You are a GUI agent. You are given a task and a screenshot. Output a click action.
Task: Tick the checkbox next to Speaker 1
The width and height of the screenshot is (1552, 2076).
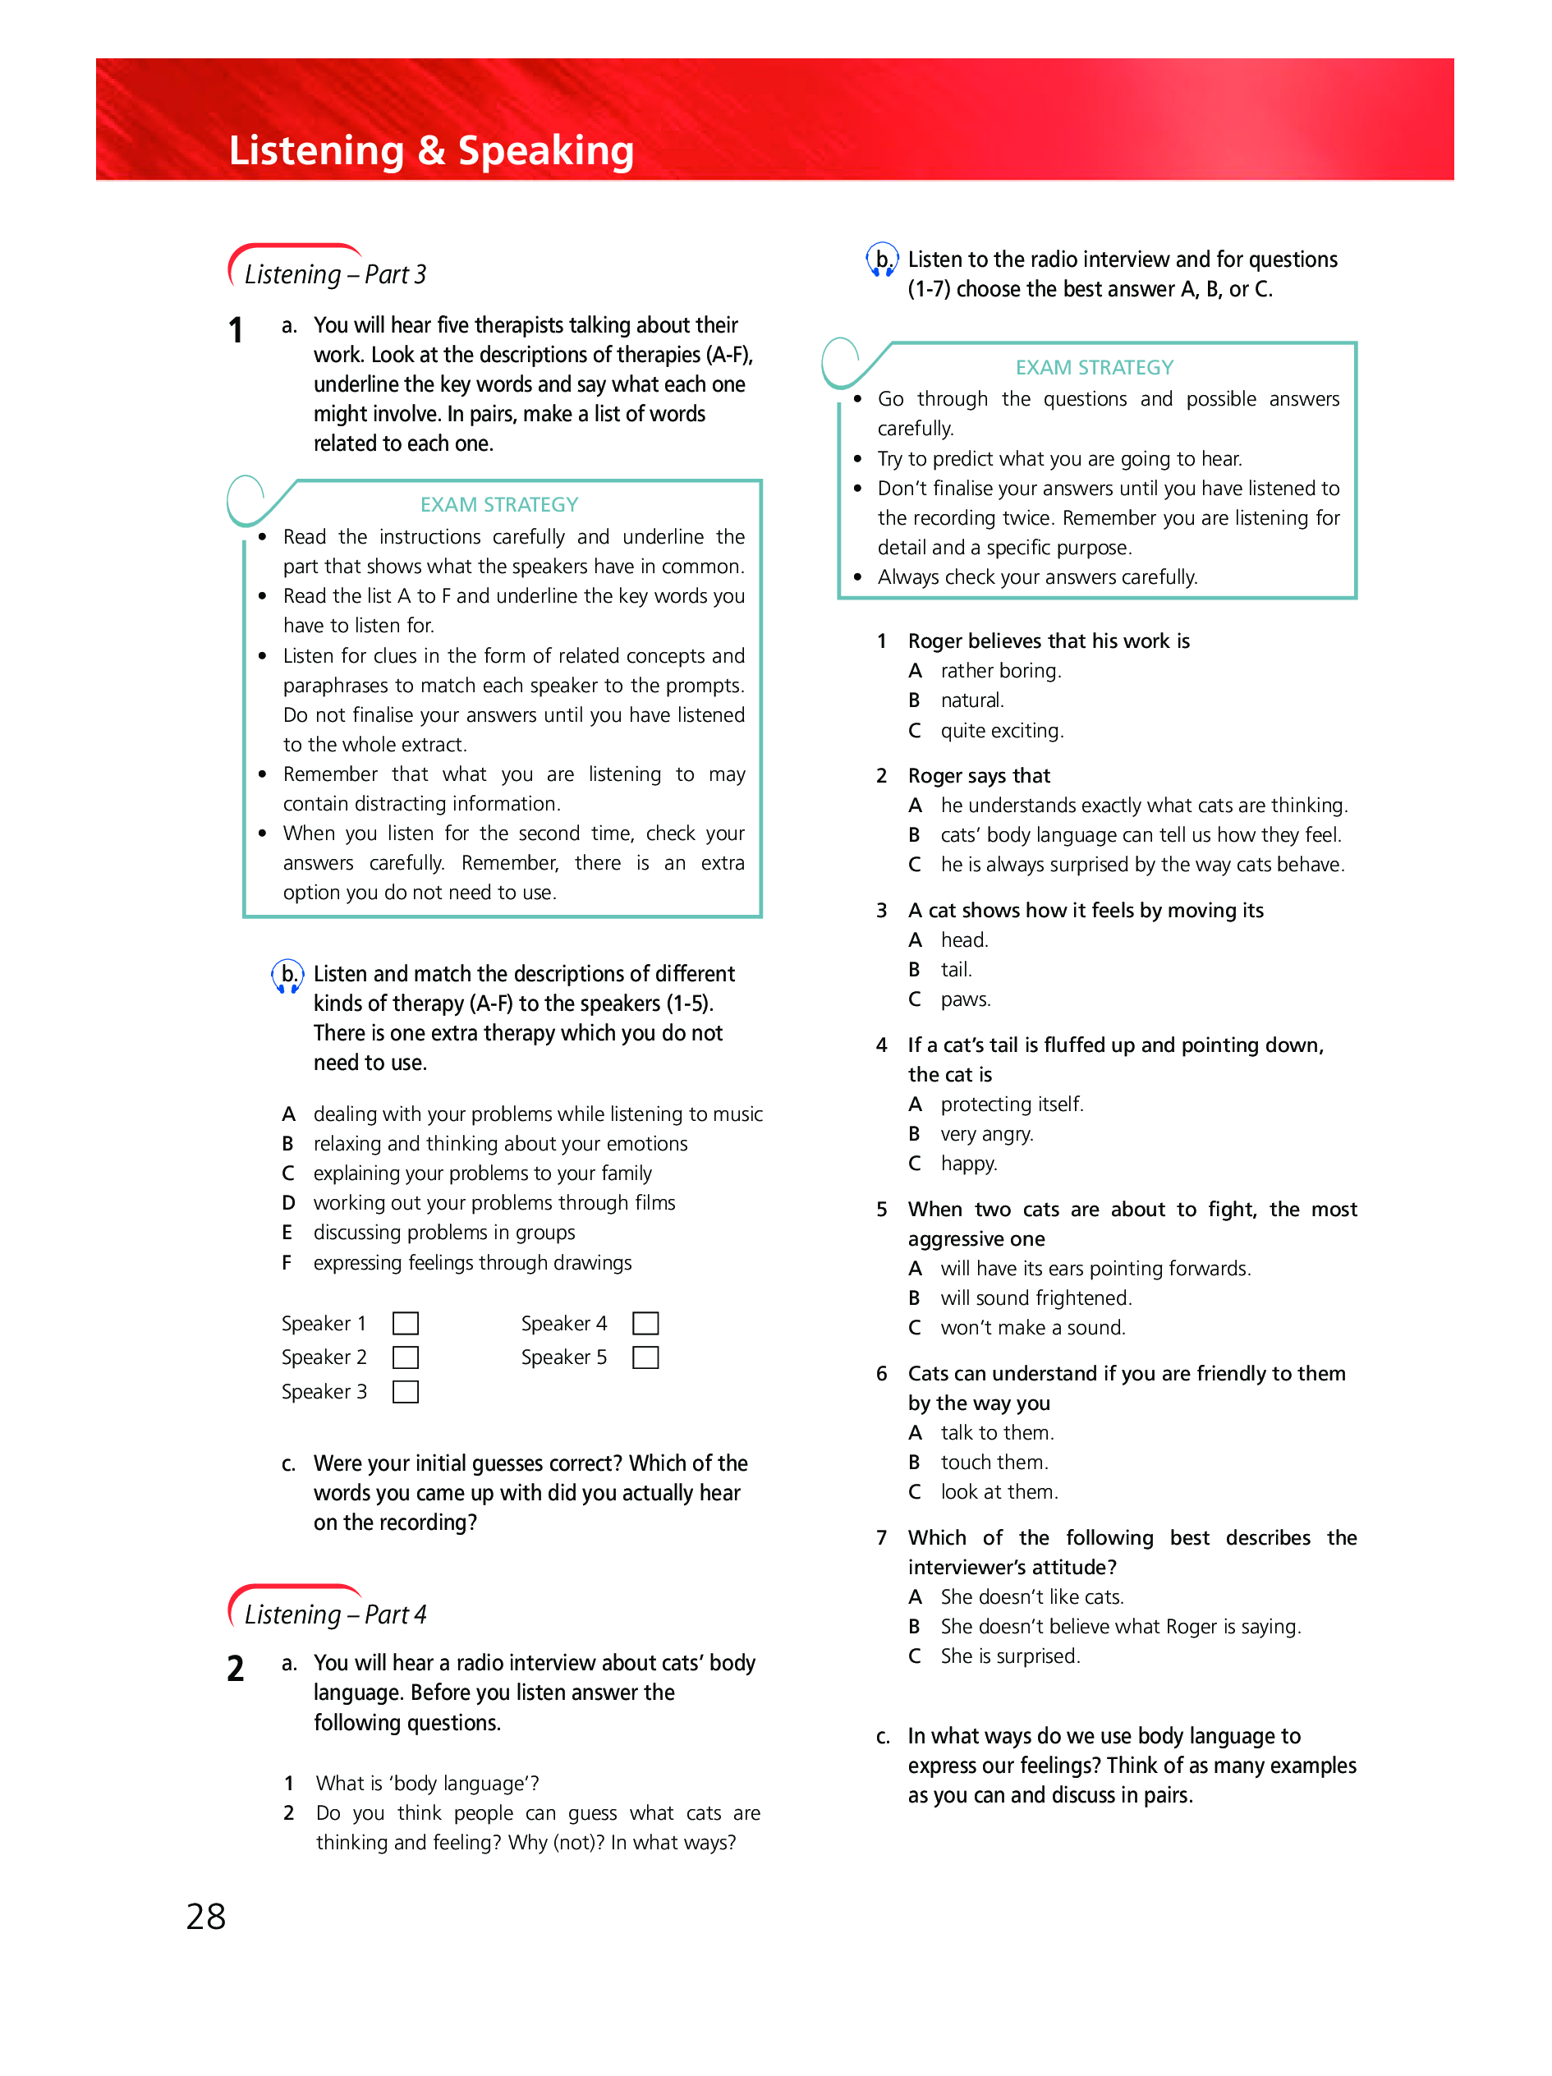[x=406, y=1323]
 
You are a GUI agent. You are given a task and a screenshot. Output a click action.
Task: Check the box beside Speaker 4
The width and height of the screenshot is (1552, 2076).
[x=645, y=1323]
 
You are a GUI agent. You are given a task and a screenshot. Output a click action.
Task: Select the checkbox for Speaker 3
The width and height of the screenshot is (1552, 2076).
[x=406, y=1392]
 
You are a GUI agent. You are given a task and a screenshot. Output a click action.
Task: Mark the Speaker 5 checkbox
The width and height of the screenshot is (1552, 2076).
[x=645, y=1358]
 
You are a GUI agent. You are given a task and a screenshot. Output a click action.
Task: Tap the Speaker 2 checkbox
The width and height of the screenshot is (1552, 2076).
[x=406, y=1358]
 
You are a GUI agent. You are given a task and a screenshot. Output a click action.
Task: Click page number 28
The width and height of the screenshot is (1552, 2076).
[x=206, y=1917]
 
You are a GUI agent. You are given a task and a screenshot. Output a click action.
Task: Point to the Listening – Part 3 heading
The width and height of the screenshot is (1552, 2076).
[x=335, y=274]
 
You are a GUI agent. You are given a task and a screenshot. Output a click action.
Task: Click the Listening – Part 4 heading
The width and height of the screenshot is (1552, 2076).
[x=335, y=1614]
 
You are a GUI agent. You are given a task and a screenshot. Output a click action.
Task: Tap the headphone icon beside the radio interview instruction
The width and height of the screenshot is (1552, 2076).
[x=882, y=260]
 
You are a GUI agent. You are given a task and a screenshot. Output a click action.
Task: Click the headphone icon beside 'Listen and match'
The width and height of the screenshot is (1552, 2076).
[x=288, y=975]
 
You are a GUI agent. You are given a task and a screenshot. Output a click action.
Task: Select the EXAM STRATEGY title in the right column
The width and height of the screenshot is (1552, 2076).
[x=1094, y=368]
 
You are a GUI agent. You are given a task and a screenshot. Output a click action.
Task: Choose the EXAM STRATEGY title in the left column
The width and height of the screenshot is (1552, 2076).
[x=499, y=505]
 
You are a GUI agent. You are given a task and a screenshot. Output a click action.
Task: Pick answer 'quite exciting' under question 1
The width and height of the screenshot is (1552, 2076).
[x=1001, y=731]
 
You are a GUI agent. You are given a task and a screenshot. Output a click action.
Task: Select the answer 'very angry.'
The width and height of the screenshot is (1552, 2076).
[x=986, y=1135]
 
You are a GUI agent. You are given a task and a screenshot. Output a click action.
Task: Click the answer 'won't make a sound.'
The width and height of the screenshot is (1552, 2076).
[x=1032, y=1328]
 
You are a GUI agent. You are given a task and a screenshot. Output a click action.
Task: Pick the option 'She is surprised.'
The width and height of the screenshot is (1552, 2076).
[x=1010, y=1656]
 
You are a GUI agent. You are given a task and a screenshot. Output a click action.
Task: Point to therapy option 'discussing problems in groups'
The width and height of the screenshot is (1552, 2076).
[x=443, y=1233]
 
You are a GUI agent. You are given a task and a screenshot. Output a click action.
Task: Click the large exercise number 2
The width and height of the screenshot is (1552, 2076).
[x=236, y=1669]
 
